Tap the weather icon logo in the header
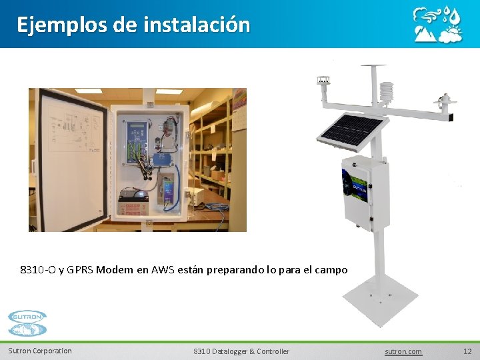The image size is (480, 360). (437, 25)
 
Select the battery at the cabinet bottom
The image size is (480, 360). (134, 198)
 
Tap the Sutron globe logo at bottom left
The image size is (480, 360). (27, 323)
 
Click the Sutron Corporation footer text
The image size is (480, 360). (40, 351)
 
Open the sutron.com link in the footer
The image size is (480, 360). (403, 351)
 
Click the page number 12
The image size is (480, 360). (467, 351)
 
